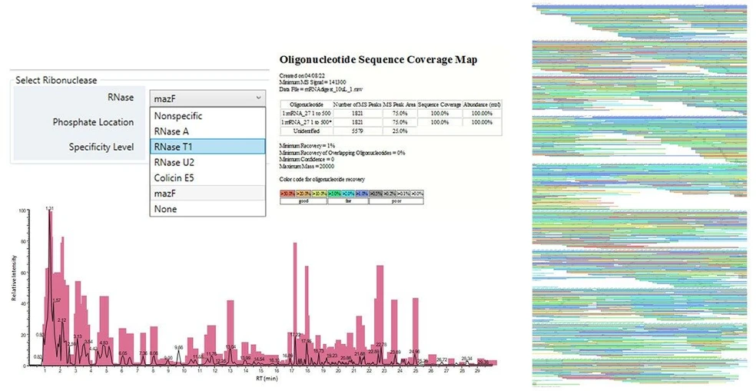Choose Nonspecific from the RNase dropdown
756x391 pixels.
click(178, 116)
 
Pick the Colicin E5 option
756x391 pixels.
click(175, 178)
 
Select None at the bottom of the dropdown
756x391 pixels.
click(165, 209)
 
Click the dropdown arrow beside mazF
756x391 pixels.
click(257, 98)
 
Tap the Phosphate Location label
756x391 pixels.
click(93, 122)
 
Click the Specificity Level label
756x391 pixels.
click(101, 147)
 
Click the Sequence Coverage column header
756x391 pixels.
click(439, 103)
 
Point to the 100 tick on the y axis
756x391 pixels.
click(23, 209)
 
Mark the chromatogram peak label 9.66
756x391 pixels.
click(179, 347)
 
